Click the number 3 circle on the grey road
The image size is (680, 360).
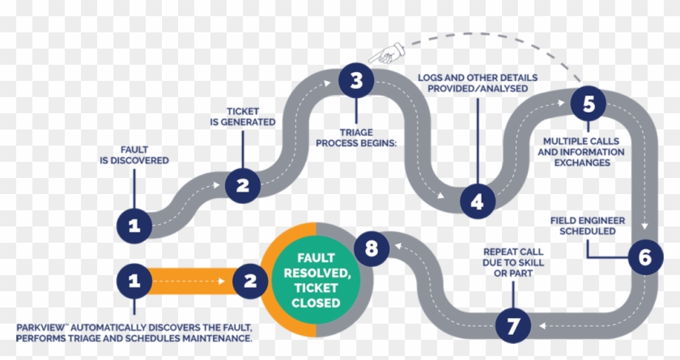(355, 81)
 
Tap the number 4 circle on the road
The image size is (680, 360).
(477, 201)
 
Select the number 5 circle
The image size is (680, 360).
(589, 103)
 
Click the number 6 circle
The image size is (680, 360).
(644, 258)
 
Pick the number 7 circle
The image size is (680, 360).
(512, 325)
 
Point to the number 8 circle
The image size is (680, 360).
(371, 248)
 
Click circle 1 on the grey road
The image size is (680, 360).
(134, 226)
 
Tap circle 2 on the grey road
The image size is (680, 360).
(242, 185)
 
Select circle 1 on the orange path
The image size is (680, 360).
(134, 281)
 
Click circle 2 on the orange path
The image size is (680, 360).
(250, 281)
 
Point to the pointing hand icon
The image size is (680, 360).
(383, 55)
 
